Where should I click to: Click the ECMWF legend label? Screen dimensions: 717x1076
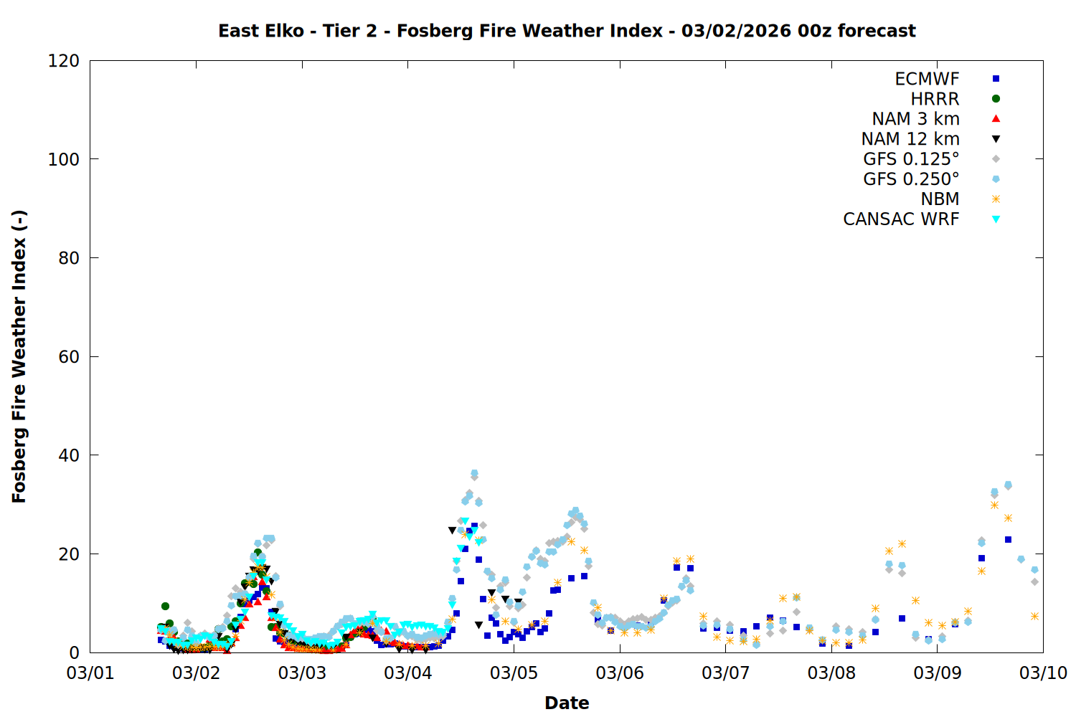927,79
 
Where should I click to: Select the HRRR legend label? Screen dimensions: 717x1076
935,99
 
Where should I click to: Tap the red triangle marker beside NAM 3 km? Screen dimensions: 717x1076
996,118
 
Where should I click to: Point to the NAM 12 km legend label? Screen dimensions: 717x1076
910,139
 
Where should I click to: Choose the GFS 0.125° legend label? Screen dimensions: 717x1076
911,159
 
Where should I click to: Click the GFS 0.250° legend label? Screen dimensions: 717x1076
911,179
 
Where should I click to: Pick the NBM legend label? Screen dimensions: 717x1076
940,199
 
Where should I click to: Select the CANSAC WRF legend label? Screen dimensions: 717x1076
901,219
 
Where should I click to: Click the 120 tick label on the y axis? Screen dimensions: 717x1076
64,61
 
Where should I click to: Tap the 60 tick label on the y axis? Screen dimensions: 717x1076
69,357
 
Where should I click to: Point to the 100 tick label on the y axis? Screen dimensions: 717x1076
64,159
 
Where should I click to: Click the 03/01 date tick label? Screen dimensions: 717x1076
90,673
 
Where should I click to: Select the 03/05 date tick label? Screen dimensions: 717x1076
514,673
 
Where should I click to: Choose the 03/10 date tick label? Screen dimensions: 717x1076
1043,673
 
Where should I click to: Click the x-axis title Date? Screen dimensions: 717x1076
567,703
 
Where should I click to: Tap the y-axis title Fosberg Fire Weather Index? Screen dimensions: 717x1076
19,356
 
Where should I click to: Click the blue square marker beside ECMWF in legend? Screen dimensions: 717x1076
996,79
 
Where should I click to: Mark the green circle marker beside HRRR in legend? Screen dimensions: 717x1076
996,99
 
